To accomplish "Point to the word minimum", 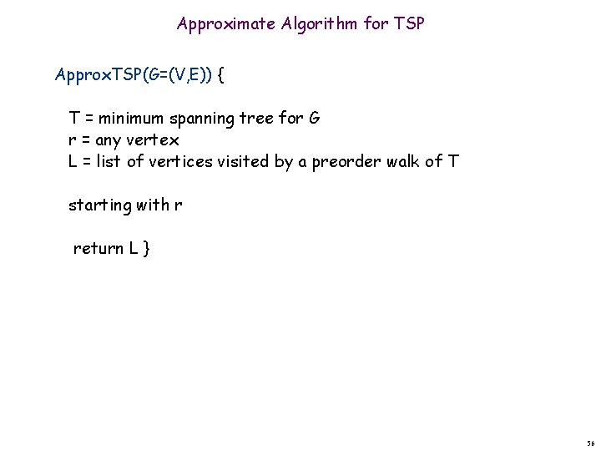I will click(131, 118).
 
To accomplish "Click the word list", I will click(109, 161).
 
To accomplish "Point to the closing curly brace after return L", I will click(147, 249).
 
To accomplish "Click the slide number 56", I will click(590, 443).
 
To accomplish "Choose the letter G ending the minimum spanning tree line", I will click(314, 118).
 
